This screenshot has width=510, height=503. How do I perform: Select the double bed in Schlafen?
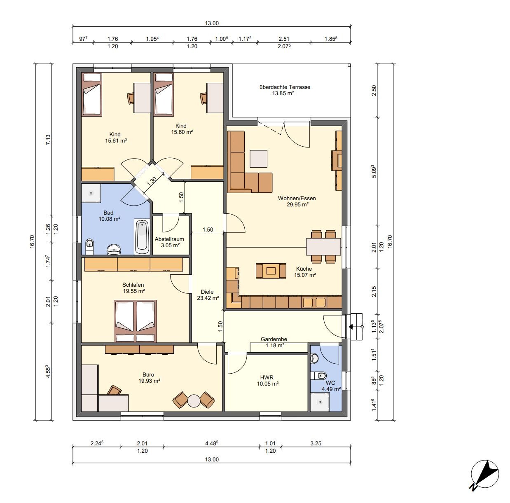pos(135,321)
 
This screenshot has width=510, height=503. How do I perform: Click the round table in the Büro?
pos(194,401)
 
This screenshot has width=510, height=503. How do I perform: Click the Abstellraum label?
pos(169,239)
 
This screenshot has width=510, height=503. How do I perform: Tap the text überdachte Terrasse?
pos(285,87)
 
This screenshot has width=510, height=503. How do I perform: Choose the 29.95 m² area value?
pos(297,204)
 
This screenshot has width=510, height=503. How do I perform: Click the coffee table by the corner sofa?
pos(259,159)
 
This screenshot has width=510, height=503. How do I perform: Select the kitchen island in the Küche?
pos(271,271)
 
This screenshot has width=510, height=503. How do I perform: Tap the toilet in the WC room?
pos(318,375)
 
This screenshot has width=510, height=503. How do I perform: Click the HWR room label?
pos(267,377)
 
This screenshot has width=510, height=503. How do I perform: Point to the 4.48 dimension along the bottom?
pos(211,443)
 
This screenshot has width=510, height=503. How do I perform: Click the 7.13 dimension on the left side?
pos(48,140)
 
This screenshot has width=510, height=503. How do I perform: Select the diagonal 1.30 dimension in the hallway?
pos(152,181)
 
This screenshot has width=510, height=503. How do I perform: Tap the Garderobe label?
pos(274,339)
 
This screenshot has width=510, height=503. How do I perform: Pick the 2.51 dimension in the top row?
pos(284,39)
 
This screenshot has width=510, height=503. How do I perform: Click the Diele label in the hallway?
pos(207,292)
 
